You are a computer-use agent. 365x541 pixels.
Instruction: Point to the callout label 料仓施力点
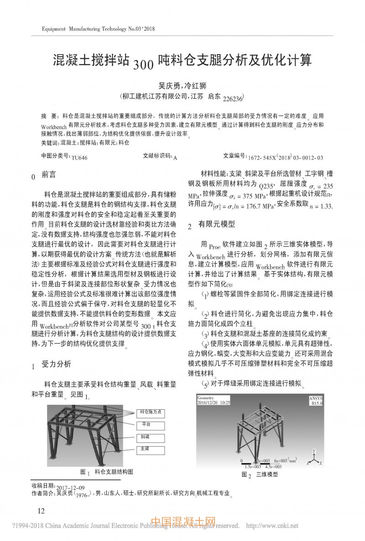click(x=150, y=412)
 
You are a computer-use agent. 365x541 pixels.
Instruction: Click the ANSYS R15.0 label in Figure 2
click(x=315, y=401)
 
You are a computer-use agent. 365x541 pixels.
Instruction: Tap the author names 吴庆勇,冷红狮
click(x=182, y=85)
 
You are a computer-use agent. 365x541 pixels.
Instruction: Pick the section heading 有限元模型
click(x=217, y=224)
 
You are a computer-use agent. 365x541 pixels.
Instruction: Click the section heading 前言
click(x=49, y=175)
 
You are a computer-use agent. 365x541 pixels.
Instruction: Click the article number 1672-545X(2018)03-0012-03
click(x=285, y=157)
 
